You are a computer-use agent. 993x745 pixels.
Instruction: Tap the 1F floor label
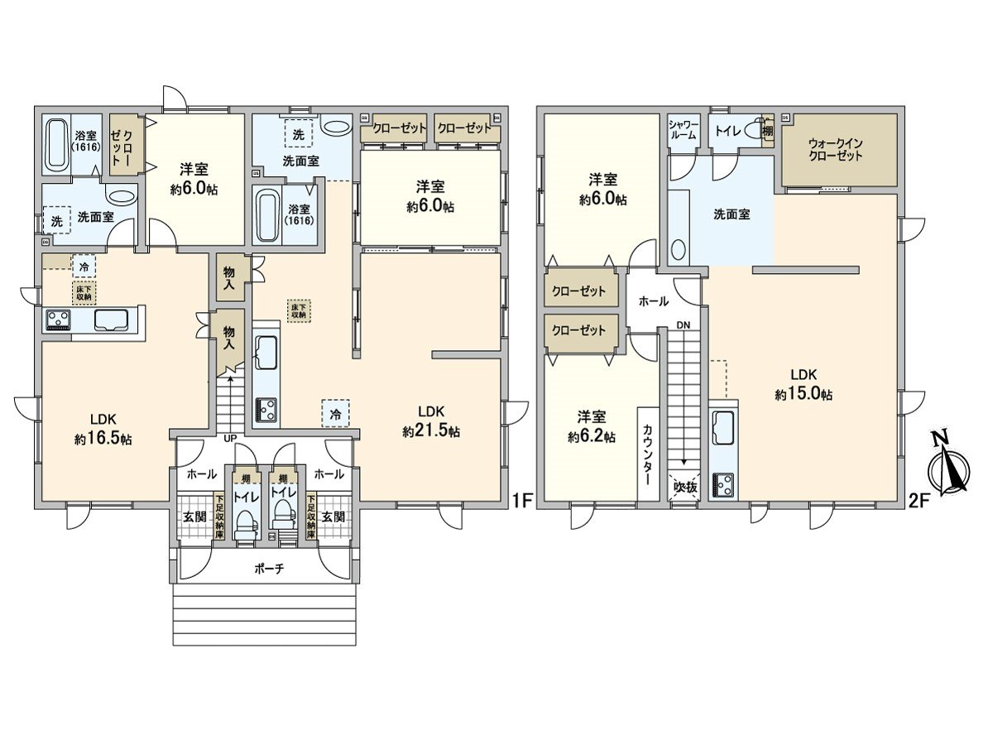(521, 500)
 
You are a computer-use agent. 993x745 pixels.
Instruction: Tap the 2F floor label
(920, 500)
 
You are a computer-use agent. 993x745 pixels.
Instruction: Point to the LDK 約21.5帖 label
(431, 421)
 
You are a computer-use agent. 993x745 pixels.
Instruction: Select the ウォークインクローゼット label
(837, 149)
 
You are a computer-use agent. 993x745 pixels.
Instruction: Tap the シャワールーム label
(684, 130)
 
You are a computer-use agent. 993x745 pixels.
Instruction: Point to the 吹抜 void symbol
(684, 488)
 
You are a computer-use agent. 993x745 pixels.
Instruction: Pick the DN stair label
(683, 324)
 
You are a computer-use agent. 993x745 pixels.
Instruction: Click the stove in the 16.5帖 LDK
(58, 319)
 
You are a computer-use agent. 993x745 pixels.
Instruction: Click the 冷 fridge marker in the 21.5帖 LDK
(335, 411)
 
